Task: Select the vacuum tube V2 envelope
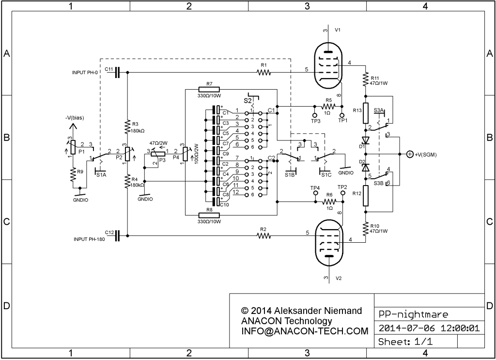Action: (x=316, y=241)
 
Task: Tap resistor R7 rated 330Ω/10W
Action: (x=209, y=90)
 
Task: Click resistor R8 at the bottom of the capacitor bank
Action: (x=209, y=215)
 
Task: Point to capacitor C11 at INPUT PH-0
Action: (x=118, y=73)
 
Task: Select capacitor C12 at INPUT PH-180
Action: (x=118, y=235)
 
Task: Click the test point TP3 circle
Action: (x=315, y=115)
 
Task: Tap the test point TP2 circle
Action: (x=342, y=193)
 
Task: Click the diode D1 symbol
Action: (x=366, y=140)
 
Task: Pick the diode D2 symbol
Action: (x=366, y=167)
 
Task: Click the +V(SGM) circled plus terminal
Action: (x=410, y=155)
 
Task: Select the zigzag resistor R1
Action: (x=264, y=73)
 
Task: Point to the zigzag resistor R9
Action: (x=73, y=175)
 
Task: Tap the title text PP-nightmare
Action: (x=414, y=314)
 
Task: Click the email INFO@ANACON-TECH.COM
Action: (x=305, y=331)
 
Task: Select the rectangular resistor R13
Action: (x=366, y=113)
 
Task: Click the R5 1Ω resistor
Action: (x=328, y=106)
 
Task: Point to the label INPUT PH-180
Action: (x=89, y=239)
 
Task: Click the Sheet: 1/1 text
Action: (x=405, y=342)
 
